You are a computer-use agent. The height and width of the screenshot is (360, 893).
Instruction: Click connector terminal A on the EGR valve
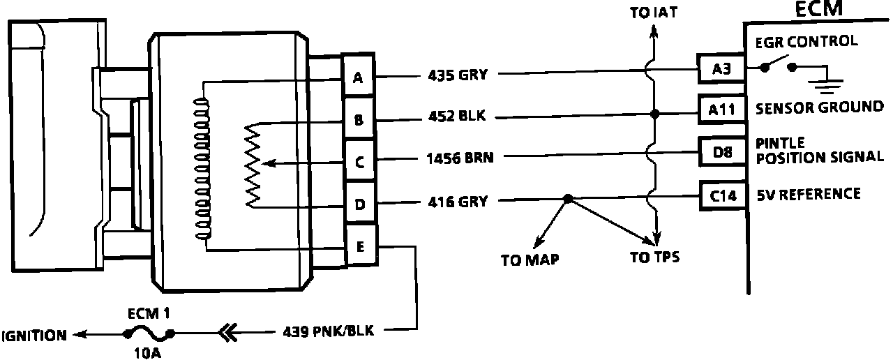point(359,77)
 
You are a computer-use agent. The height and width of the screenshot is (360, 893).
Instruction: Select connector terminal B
point(359,120)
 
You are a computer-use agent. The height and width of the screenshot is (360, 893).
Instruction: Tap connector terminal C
point(359,163)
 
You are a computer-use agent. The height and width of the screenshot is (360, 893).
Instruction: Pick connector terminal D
point(359,205)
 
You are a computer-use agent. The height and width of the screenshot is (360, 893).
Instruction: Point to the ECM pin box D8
point(721,151)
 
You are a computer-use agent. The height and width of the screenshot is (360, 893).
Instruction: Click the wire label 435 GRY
point(458,74)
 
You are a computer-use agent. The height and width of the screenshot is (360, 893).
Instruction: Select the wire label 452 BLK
point(456,117)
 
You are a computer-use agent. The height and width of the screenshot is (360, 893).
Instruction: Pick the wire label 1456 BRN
point(460,158)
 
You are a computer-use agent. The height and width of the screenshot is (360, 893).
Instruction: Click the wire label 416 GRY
point(458,202)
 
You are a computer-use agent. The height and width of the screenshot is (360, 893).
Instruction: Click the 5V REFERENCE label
point(809,194)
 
